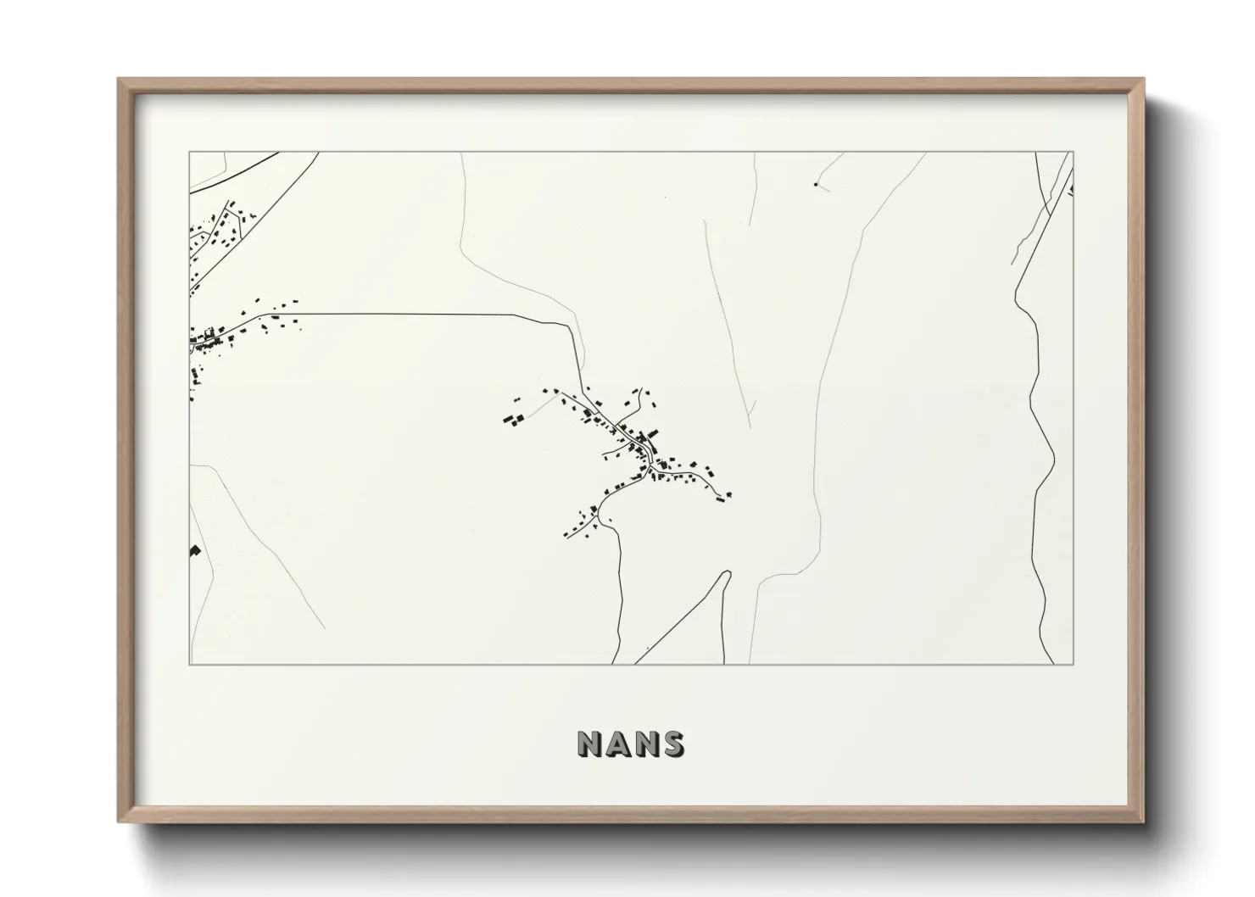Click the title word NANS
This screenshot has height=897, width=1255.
point(631,744)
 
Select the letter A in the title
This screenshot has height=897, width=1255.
point(618,744)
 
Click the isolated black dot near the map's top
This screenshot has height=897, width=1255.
point(816,183)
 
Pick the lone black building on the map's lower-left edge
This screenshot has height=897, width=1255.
point(194,550)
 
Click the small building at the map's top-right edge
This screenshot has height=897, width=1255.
point(1071,189)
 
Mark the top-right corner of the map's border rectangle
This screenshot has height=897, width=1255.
point(1074,152)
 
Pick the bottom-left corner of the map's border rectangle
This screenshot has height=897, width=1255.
point(189,665)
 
